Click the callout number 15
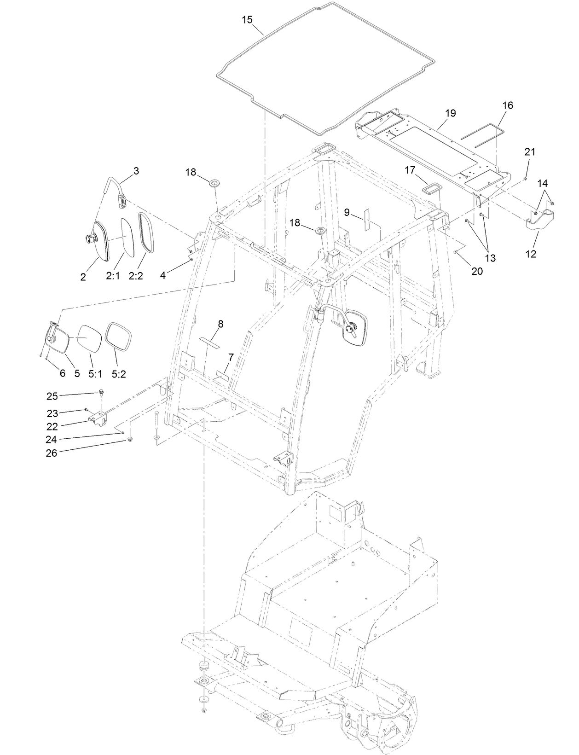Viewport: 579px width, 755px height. click(247, 20)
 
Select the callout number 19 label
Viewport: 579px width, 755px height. click(450, 113)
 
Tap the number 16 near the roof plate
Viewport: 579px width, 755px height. click(507, 105)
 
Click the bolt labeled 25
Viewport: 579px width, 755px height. click(100, 393)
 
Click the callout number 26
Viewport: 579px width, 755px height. click(51, 453)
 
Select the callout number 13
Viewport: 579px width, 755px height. click(490, 258)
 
